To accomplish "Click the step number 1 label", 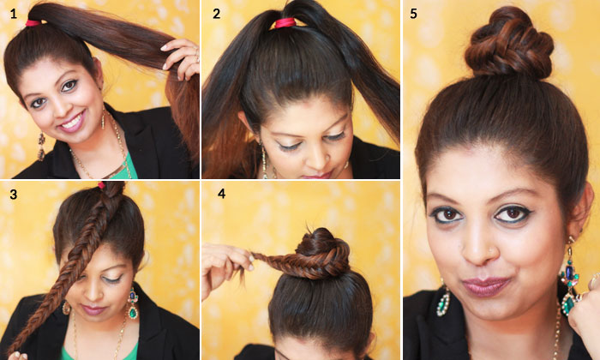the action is [14, 15].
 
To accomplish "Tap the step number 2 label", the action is [217, 15].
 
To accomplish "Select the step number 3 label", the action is [14, 195].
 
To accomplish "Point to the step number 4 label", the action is [221, 194].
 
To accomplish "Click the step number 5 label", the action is [413, 14].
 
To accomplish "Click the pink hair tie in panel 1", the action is [33, 23].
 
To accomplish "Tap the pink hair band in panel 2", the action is [285, 23].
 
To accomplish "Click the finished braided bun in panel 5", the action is [509, 44].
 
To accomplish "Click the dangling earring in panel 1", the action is [41, 147].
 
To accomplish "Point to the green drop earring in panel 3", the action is [133, 303].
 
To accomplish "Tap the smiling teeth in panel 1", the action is [73, 121].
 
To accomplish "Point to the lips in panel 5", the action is [486, 285].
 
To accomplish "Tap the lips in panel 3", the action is [90, 309].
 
